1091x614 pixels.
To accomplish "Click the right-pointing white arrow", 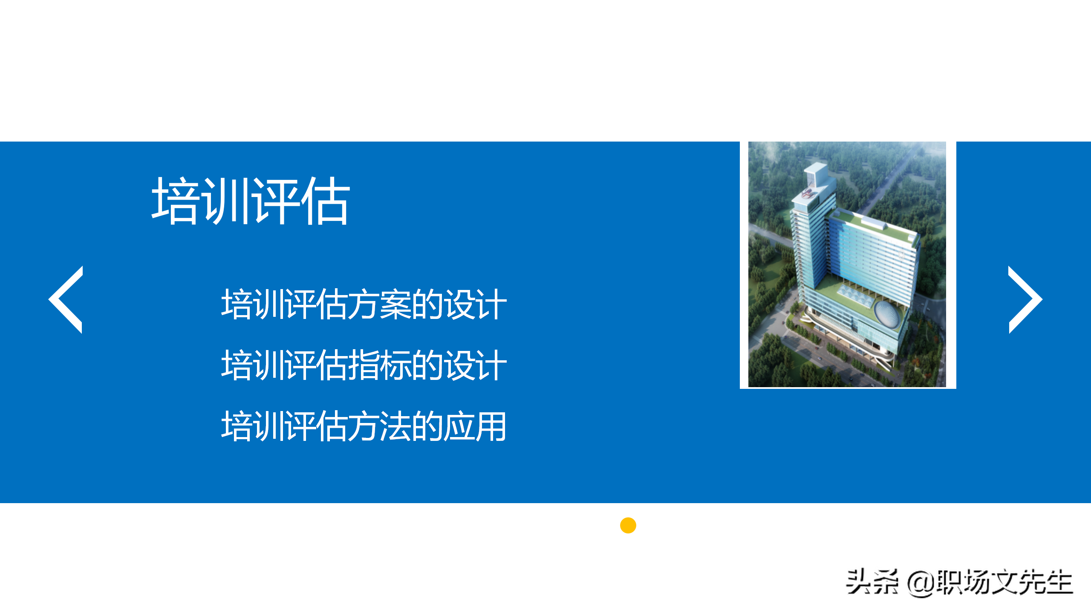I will pos(1025,299).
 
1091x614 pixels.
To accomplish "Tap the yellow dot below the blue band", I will pos(628,525).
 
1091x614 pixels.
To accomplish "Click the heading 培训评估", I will pos(251,201).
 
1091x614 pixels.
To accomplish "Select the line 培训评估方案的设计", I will pos(364,304).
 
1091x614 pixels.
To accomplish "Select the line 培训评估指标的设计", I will pos(364,365).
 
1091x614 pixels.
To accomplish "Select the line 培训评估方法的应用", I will pos(364,426).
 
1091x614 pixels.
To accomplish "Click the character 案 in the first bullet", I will pos(395,304).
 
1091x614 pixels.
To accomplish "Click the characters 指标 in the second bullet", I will pos(380,365).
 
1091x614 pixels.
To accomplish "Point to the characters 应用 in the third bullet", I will pos(475,426).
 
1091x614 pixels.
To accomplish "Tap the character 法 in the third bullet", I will pos(395,426).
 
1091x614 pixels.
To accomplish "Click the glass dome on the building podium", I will pos(887,314).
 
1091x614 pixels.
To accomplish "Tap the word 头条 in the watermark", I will pos(872,582).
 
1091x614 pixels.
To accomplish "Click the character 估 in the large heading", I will pos(326,201).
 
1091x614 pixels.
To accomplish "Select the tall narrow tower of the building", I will pos(808,247).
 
